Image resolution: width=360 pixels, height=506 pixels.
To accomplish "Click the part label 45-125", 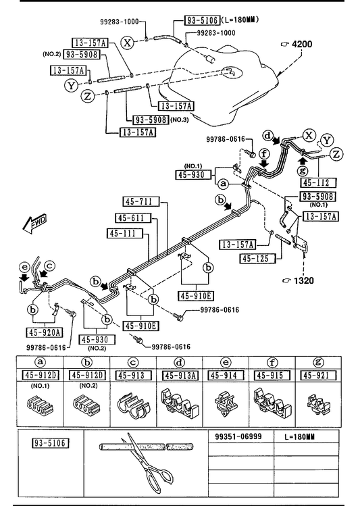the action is pyautogui.click(x=258, y=259).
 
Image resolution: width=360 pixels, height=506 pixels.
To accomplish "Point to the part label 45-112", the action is pyautogui.click(x=318, y=182).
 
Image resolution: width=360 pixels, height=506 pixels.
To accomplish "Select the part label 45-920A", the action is pyautogui.click(x=45, y=332).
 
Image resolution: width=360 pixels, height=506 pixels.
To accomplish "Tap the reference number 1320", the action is pyautogui.click(x=303, y=280).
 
